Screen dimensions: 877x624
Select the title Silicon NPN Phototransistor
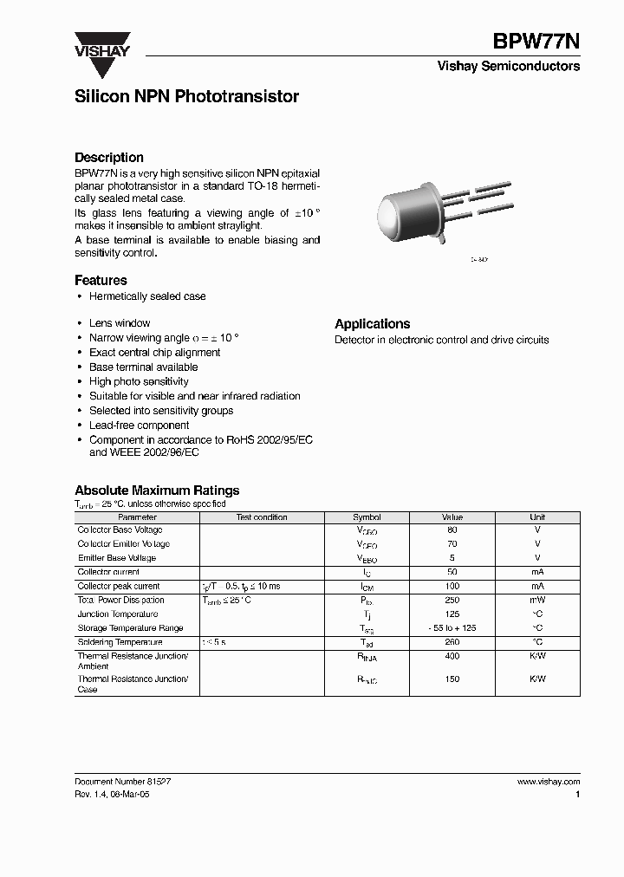pyautogui.click(x=186, y=97)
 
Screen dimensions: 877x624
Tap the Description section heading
pyautogui.click(x=109, y=158)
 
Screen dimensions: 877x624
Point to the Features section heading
pyautogui.click(x=101, y=281)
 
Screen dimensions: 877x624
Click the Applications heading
pyautogui.click(x=372, y=324)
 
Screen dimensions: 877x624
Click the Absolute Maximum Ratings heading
pyautogui.click(x=157, y=490)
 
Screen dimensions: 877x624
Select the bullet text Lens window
pyautogui.click(x=120, y=323)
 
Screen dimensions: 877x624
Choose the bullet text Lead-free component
pyautogui.click(x=139, y=426)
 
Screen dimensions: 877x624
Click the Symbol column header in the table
pyautogui.click(x=367, y=517)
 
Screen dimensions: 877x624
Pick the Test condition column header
pyautogui.click(x=262, y=517)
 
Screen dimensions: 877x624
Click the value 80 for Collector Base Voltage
pyautogui.click(x=452, y=529)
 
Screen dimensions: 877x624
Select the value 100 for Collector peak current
pyautogui.click(x=452, y=587)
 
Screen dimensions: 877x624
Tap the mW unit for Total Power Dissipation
pyautogui.click(x=537, y=601)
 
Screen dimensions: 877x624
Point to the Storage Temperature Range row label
pyautogui.click(x=130, y=628)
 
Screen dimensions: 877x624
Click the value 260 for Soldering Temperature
pyautogui.click(x=452, y=643)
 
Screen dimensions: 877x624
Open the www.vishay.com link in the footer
pyautogui.click(x=548, y=782)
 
